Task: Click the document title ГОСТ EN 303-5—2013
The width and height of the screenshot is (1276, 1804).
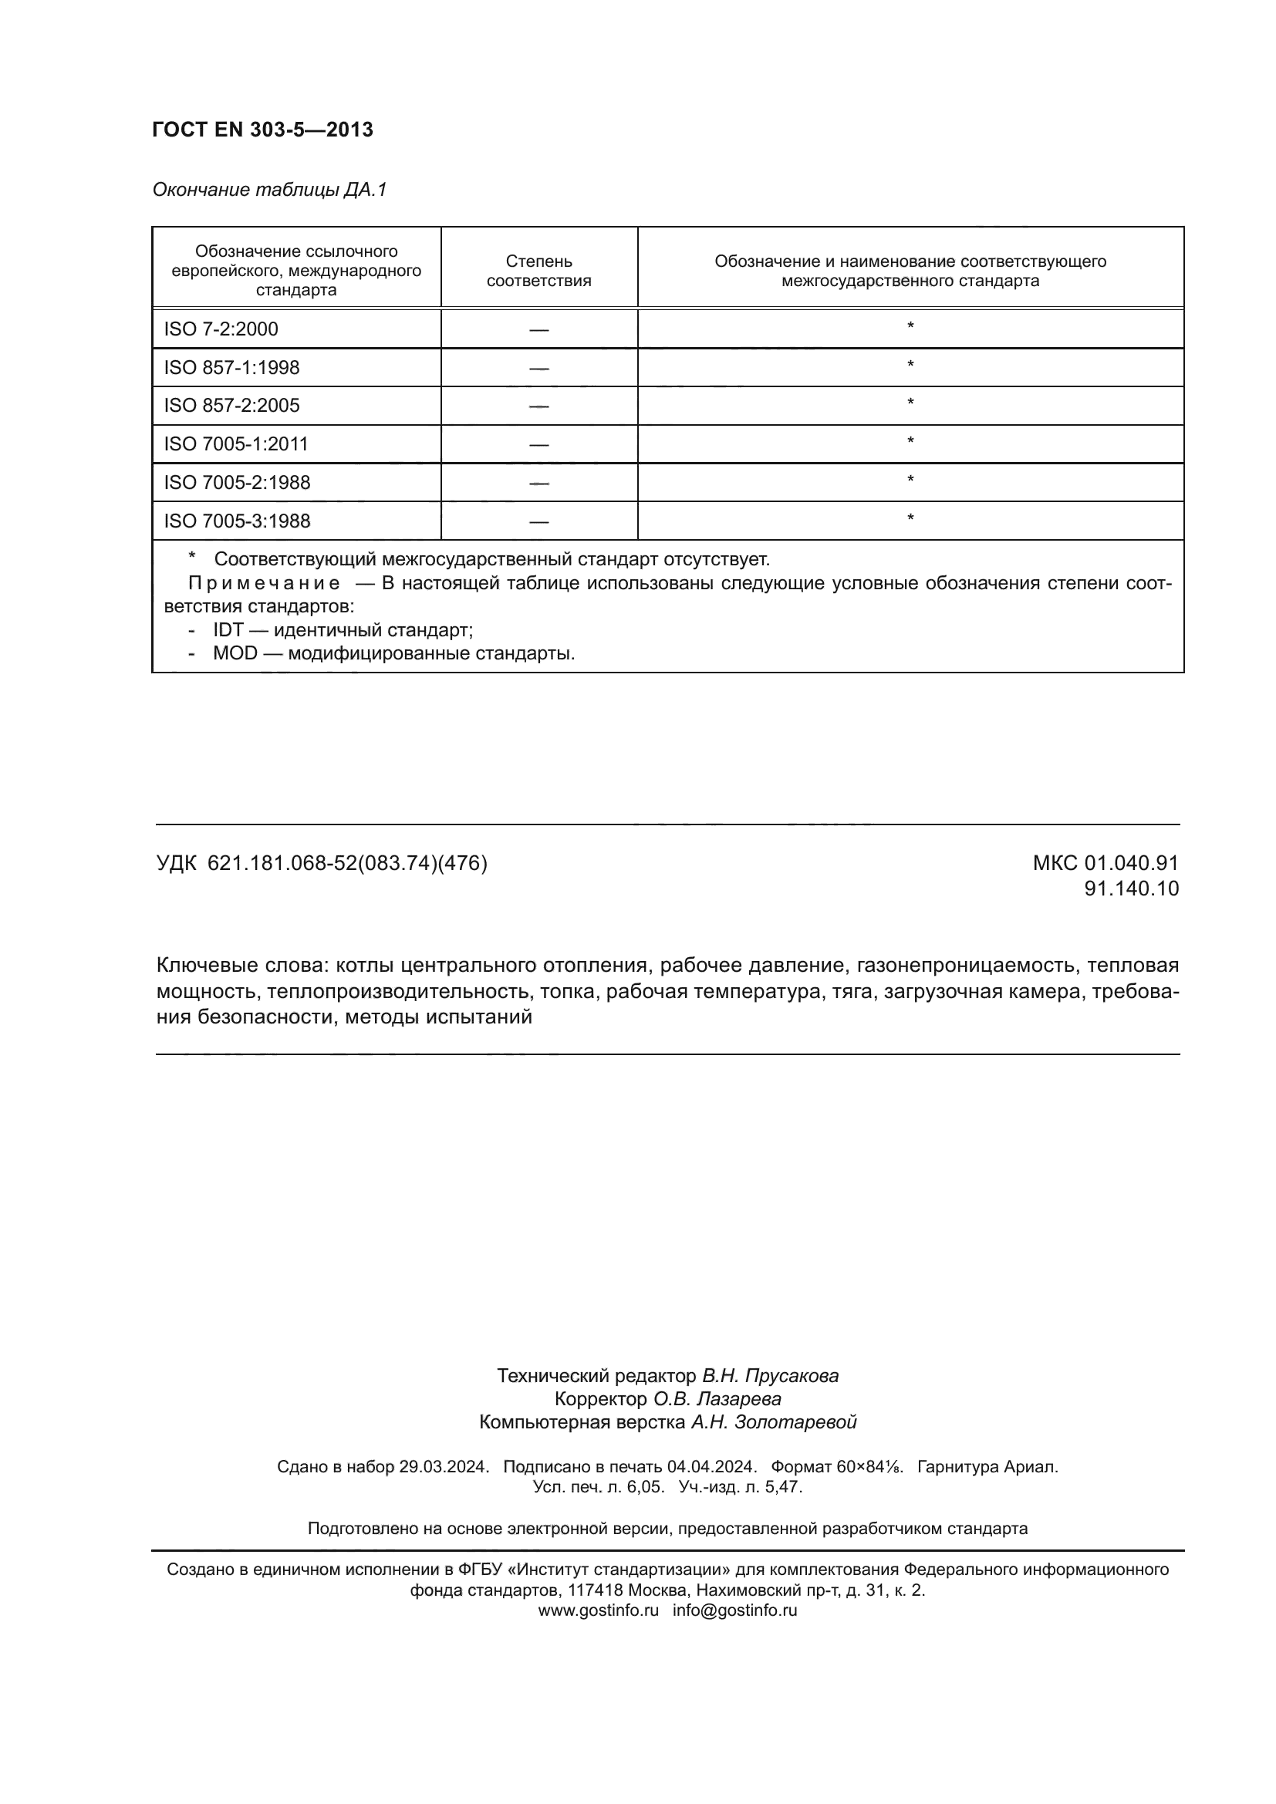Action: click(x=262, y=130)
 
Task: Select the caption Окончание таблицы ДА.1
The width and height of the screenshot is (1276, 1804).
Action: click(x=269, y=191)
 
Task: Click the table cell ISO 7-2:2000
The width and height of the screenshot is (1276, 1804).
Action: click(x=221, y=329)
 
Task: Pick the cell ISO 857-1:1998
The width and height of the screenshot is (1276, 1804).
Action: click(x=231, y=368)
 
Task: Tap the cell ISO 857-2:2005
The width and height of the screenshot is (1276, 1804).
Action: click(x=231, y=406)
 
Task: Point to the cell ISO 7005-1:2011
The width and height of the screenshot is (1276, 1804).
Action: click(x=236, y=444)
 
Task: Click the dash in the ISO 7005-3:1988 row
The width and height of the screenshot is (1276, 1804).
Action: click(x=539, y=521)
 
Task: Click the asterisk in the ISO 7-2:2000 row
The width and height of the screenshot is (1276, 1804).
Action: click(x=910, y=327)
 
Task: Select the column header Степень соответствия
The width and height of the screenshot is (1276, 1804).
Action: click(x=539, y=271)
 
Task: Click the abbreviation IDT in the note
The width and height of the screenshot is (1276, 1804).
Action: click(x=228, y=630)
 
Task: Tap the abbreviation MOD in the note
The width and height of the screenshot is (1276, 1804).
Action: click(x=235, y=654)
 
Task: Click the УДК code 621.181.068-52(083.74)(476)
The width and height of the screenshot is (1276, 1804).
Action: click(x=347, y=864)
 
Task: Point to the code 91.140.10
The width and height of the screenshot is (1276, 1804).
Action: click(x=1132, y=889)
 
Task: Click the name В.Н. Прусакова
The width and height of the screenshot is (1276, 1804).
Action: click(x=770, y=1376)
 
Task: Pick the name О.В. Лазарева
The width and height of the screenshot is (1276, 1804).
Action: click(x=717, y=1398)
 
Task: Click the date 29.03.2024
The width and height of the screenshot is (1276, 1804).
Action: click(x=444, y=1466)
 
